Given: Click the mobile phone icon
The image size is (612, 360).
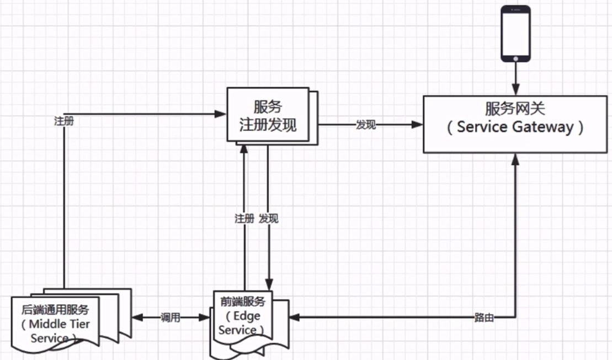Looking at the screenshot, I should [x=515, y=33].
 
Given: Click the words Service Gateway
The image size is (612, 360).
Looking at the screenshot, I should [x=514, y=128].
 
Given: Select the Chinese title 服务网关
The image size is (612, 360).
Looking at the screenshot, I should [x=515, y=108].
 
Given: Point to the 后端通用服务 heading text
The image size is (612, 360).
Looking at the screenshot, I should [x=55, y=310].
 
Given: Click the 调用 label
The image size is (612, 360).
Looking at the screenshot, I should [x=171, y=318].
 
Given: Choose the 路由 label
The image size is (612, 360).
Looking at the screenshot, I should [x=483, y=318].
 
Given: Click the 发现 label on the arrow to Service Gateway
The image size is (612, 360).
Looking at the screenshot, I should [x=365, y=125].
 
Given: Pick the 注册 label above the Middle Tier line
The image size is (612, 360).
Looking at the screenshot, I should [x=64, y=121].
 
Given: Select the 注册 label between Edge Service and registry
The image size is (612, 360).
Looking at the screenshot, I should [x=244, y=219].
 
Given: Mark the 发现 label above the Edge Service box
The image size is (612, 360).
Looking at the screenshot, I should [x=269, y=219].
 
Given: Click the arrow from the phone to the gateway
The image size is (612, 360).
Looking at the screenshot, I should [x=515, y=78].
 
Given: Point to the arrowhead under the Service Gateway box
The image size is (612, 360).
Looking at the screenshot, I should [x=515, y=158].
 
